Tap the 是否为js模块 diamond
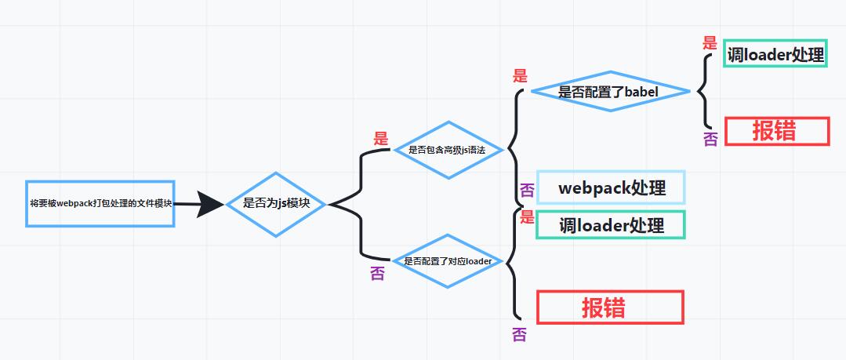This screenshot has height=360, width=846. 276,204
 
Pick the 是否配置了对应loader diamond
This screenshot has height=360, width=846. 447,261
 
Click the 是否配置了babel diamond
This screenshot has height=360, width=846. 608,92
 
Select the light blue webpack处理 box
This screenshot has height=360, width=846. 611,188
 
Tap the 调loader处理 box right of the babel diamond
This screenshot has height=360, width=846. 775,54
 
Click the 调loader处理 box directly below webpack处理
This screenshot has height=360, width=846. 611,225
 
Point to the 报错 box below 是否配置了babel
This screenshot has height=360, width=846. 776,131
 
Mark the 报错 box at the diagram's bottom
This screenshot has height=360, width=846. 610,307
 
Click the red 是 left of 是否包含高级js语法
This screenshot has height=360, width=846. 381,139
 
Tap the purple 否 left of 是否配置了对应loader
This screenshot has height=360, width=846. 377,274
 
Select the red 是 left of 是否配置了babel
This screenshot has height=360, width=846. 520,76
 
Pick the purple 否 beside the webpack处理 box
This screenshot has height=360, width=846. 527,191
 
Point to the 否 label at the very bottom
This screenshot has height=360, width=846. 519,335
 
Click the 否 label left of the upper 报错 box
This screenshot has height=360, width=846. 710,139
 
